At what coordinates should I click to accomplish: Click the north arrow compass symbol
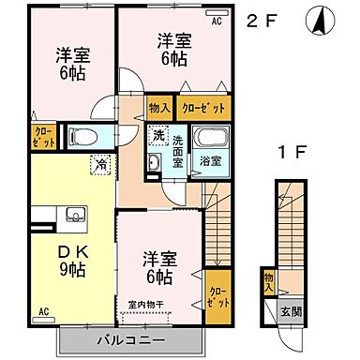(x=318, y=18)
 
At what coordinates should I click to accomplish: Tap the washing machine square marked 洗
(x=159, y=135)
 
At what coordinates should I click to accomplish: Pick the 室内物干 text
(x=146, y=304)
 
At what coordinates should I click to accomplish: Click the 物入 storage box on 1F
(x=269, y=281)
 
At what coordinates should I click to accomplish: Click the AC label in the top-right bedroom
(x=217, y=19)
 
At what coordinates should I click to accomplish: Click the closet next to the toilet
(x=43, y=137)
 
